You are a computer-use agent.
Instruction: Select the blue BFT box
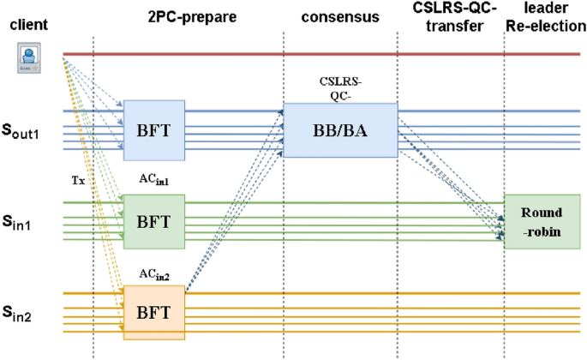(155, 130)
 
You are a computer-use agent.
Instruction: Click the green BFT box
(155, 221)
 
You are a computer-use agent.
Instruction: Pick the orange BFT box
(155, 312)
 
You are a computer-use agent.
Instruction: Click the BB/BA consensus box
(340, 130)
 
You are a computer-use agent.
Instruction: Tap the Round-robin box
(542, 221)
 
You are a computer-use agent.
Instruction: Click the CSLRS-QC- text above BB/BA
(340, 89)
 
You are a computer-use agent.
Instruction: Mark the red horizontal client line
(326, 55)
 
